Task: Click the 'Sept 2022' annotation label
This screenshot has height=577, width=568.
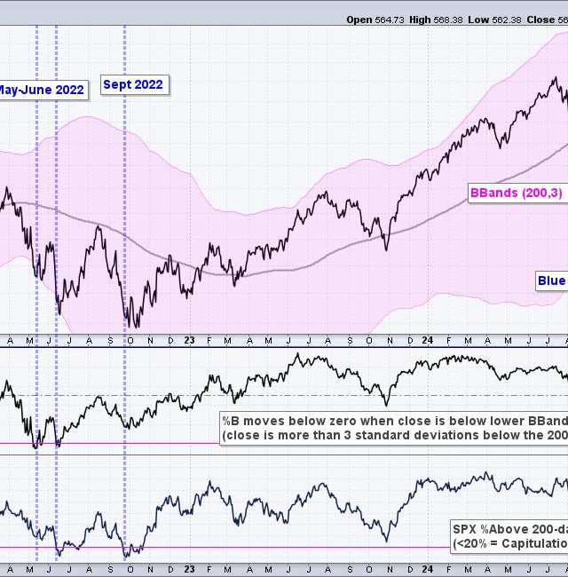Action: pos(133,85)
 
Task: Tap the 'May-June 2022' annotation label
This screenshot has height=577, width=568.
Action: pos(41,90)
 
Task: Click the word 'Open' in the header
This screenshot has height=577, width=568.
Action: pos(360,19)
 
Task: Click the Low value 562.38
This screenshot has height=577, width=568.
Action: pos(504,19)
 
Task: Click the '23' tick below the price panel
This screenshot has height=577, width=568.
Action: pos(189,340)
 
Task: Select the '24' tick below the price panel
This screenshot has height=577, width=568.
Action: pos(427,340)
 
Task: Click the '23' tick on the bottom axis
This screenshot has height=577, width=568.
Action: pos(189,568)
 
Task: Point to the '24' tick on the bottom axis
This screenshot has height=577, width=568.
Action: pos(427,568)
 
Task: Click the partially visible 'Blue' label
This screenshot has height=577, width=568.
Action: pos(551,281)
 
